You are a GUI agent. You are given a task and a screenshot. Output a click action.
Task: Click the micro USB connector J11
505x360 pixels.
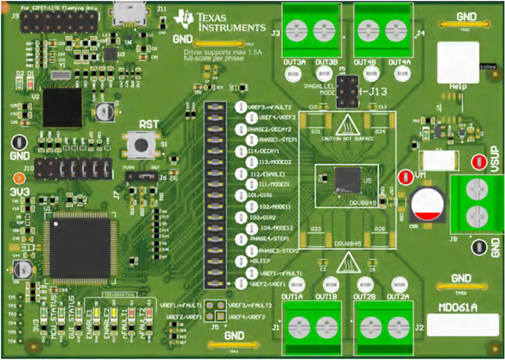[130, 14]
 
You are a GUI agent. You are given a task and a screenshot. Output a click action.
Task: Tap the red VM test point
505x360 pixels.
[405, 177]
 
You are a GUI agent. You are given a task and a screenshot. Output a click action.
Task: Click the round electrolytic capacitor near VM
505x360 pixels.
[428, 203]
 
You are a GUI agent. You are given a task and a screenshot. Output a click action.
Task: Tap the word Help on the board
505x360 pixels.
[459, 87]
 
